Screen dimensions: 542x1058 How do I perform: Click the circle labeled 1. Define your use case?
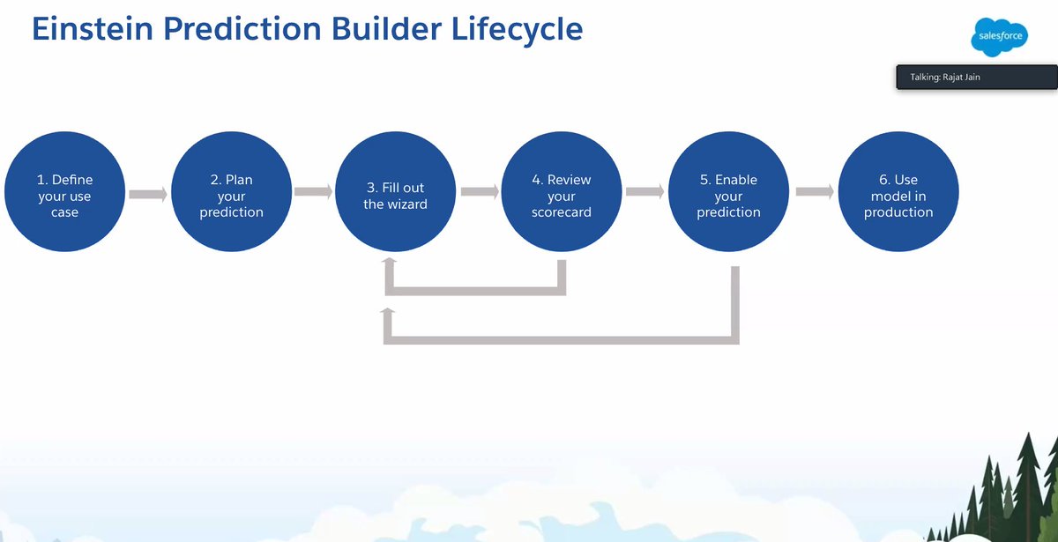(x=64, y=195)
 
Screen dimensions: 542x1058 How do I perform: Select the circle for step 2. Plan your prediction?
(x=231, y=195)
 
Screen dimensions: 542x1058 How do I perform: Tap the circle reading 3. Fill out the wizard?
(x=396, y=195)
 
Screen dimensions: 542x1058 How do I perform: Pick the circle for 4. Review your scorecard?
(x=562, y=195)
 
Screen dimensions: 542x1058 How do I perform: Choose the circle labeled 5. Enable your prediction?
(x=728, y=195)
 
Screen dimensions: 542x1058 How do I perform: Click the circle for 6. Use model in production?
(x=898, y=195)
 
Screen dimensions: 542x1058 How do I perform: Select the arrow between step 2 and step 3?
(x=313, y=191)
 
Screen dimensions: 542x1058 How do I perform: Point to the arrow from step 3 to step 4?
(x=479, y=191)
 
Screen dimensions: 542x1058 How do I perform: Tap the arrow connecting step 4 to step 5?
(x=644, y=191)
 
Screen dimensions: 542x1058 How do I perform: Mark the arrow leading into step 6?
(x=814, y=191)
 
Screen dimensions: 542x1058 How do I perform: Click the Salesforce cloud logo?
(x=1000, y=37)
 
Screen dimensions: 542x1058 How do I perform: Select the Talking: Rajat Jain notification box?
(x=976, y=78)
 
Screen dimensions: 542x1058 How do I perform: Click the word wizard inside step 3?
(x=406, y=204)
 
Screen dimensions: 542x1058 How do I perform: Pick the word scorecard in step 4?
(x=562, y=212)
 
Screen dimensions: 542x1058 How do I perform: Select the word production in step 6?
(x=898, y=212)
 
